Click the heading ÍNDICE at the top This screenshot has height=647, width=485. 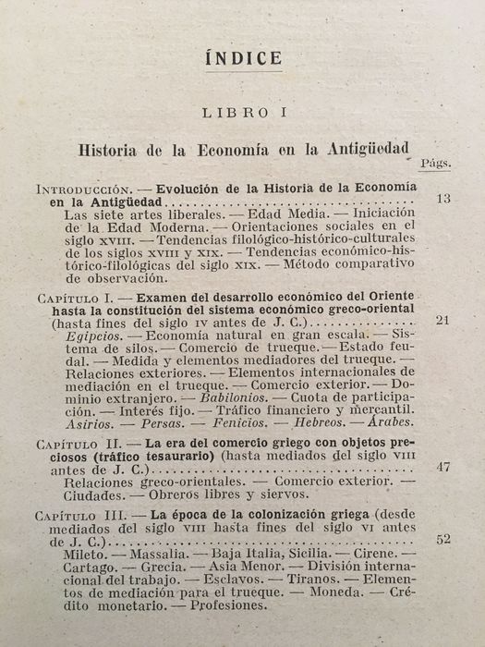pyautogui.click(x=243, y=58)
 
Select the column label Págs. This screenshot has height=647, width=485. pyautogui.click(x=434, y=165)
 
